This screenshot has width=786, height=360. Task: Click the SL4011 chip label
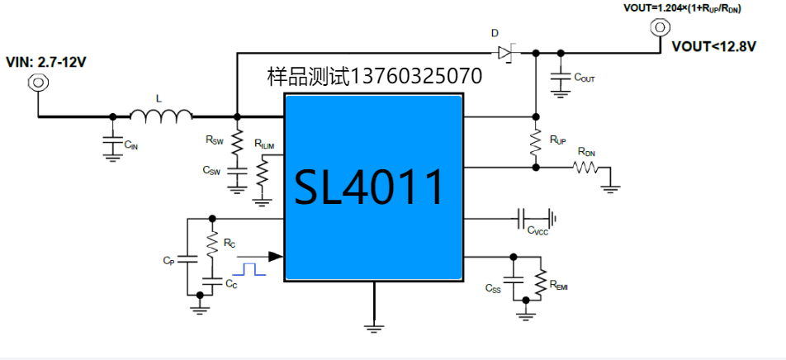pos(372,188)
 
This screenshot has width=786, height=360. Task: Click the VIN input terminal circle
pos(37,83)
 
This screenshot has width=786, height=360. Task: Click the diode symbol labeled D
pos(506,54)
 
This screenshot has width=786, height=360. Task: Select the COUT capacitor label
pos(585,78)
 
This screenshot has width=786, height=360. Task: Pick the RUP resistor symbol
pos(536,141)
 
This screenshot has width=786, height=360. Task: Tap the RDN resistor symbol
pos(587,168)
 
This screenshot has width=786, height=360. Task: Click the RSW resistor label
pos(215,140)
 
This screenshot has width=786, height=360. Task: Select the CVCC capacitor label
pos(537,233)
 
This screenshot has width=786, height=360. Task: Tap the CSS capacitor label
pos(493,288)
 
